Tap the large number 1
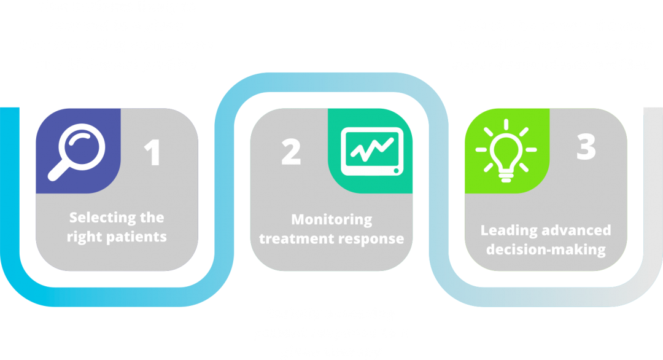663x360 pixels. click(153, 152)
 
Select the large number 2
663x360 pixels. click(291, 152)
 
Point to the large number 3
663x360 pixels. click(586, 147)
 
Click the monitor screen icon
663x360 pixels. click(372, 152)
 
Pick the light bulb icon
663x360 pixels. click(506, 151)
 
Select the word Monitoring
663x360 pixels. click(332, 220)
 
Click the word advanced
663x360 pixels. click(576, 230)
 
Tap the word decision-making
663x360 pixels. click(546, 249)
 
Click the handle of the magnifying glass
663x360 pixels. click(58, 171)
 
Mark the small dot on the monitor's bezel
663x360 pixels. click(396, 171)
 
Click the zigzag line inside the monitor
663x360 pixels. click(372, 149)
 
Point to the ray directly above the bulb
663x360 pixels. click(506, 124)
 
